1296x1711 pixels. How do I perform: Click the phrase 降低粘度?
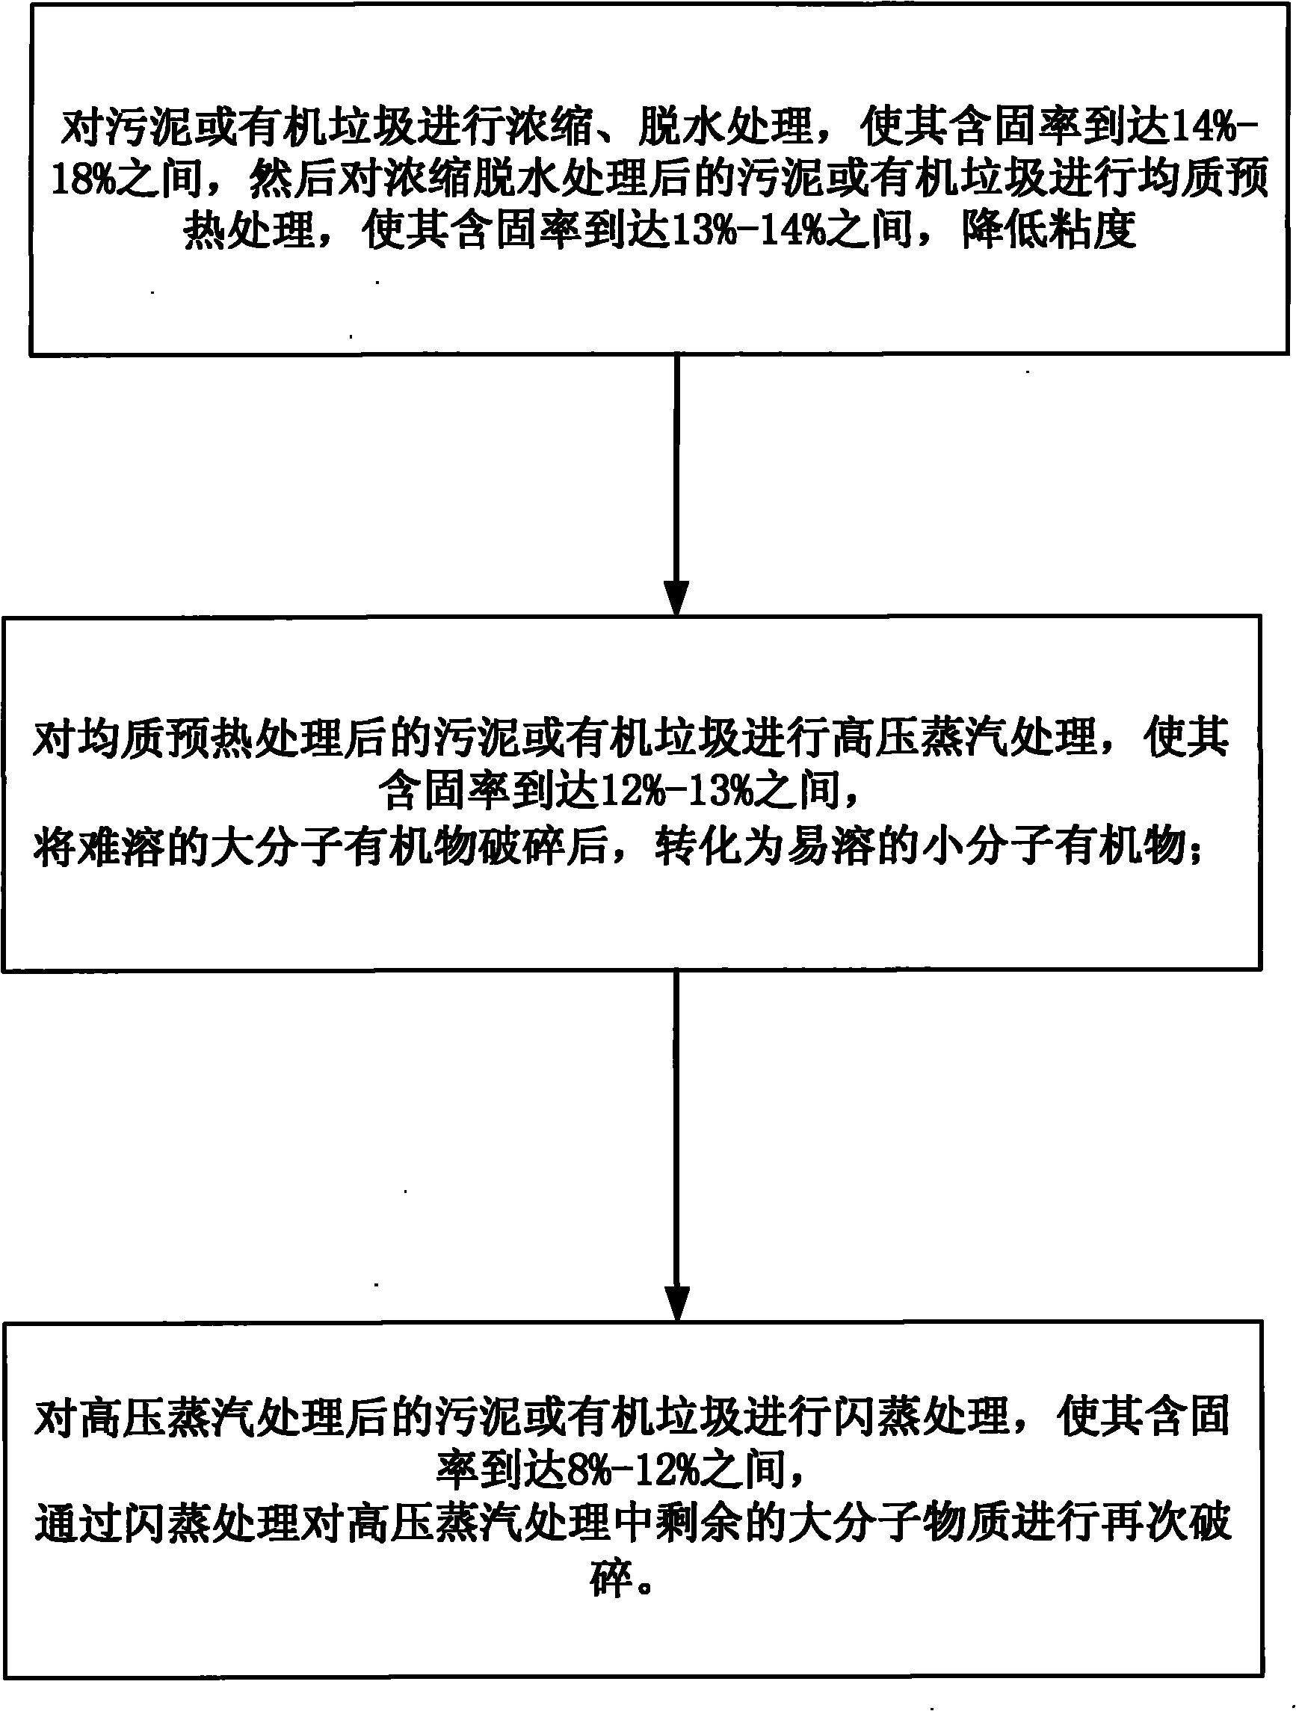(x=1049, y=230)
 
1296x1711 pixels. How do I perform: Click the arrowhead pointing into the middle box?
(x=676, y=599)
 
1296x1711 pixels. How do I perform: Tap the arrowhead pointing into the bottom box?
(x=676, y=1304)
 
